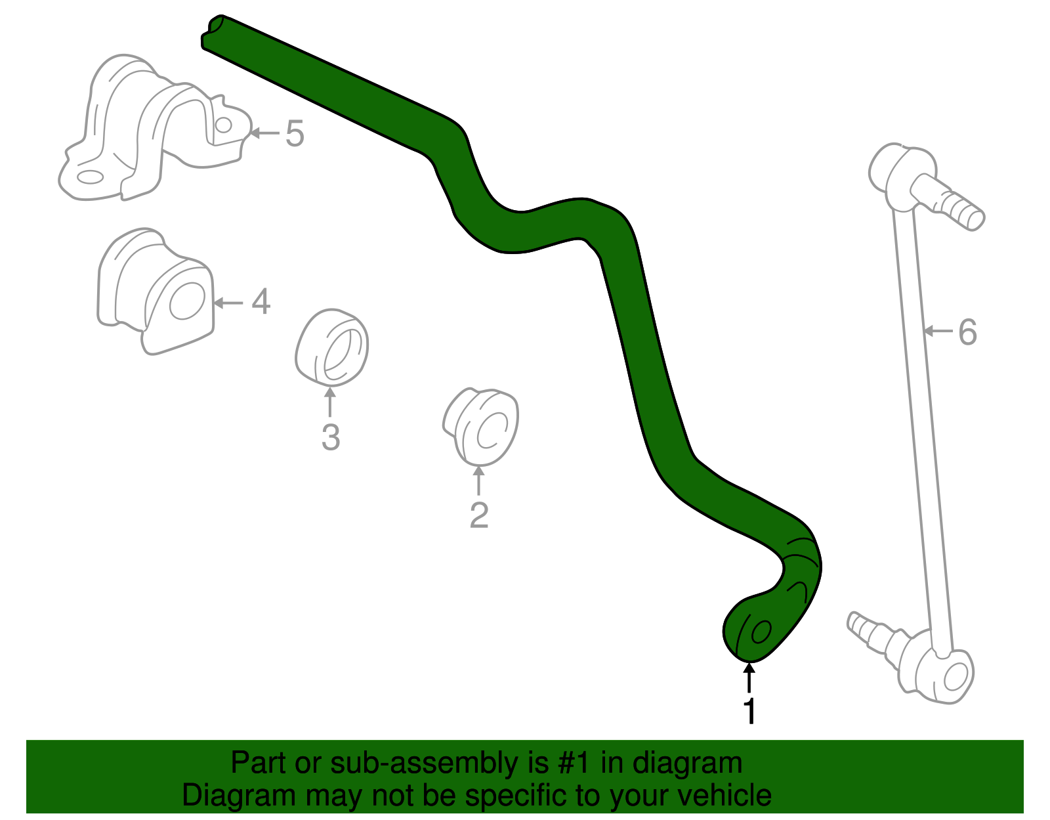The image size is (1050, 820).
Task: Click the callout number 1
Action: point(749,712)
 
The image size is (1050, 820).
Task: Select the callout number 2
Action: point(479,515)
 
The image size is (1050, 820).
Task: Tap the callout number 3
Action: point(331,437)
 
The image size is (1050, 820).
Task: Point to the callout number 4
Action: point(261,302)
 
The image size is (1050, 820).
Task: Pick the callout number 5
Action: point(295,134)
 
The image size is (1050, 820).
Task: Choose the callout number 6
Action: point(967,332)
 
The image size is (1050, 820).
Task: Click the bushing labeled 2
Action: point(481,427)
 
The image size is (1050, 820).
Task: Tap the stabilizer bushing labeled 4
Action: point(157,291)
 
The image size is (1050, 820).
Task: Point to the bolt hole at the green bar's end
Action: point(761,632)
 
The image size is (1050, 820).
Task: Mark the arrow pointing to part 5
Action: point(264,133)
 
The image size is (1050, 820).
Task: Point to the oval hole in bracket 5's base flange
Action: point(90,177)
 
